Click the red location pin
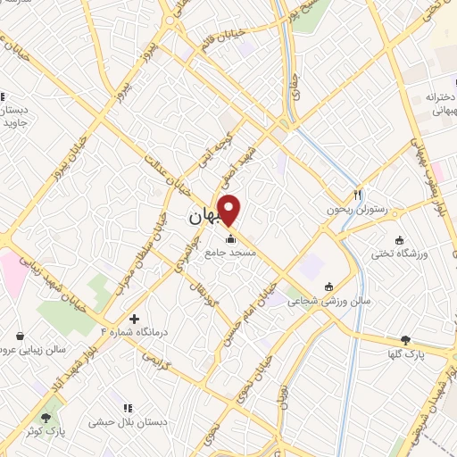pos(230,211)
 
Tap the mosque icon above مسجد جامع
pos(231,239)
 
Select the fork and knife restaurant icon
pos(358,195)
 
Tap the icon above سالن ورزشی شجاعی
pos(329,287)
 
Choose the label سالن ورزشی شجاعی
pos(328,302)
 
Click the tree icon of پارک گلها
pos(406,339)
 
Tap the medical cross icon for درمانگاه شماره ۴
pos(134,319)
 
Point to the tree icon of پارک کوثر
pos(46,417)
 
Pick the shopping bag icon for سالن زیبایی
pos(20,337)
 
